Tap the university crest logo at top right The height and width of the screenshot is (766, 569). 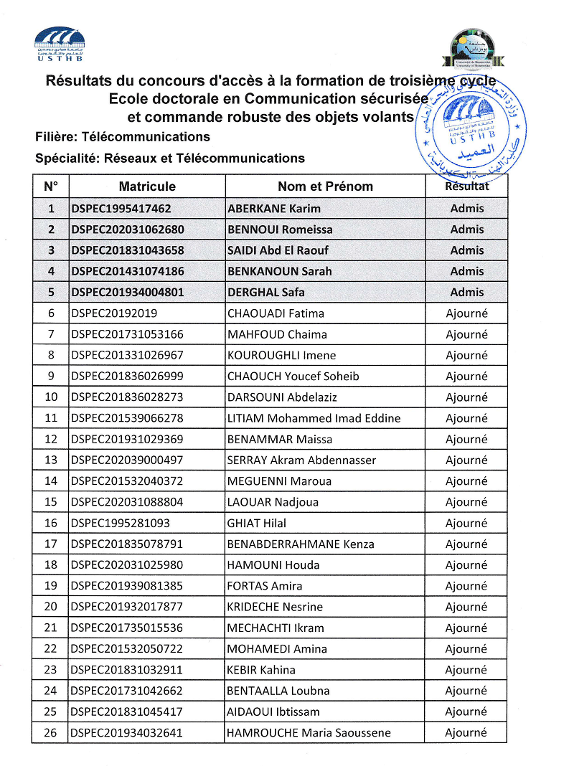(472, 49)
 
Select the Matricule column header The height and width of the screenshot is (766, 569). (147, 186)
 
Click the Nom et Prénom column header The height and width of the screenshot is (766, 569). (325, 186)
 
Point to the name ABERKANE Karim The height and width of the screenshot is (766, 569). (274, 209)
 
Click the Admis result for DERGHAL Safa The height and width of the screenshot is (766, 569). (467, 292)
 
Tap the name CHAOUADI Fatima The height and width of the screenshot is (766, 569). (276, 313)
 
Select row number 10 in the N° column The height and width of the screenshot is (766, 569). (51, 397)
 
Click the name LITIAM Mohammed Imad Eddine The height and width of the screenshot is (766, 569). (314, 418)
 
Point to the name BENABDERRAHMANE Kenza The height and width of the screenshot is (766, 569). (301, 544)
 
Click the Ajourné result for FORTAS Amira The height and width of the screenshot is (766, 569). (466, 586)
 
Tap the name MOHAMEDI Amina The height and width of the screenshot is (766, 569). (277, 648)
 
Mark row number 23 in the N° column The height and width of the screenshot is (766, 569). (51, 670)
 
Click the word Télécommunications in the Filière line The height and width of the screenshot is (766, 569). (146, 136)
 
